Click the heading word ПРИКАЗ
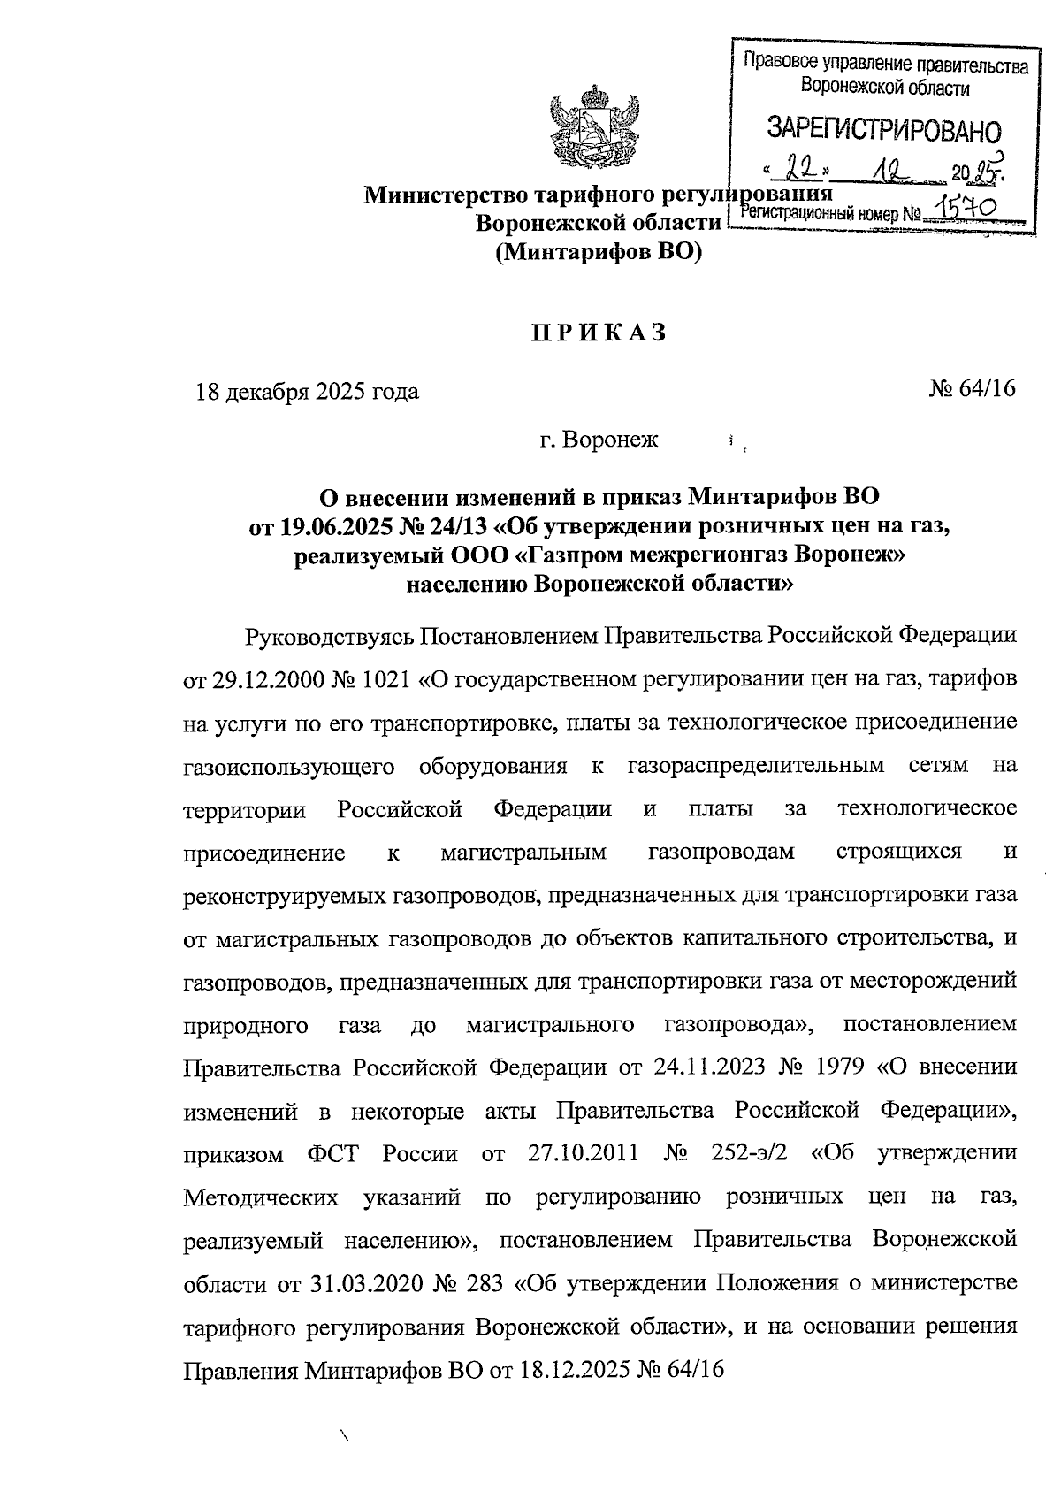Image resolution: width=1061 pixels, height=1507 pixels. [x=598, y=333]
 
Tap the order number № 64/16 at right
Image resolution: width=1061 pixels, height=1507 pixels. [x=973, y=389]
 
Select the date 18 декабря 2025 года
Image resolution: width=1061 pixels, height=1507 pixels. [x=308, y=391]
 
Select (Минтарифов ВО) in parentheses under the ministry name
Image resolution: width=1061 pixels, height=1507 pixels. [x=598, y=252]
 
